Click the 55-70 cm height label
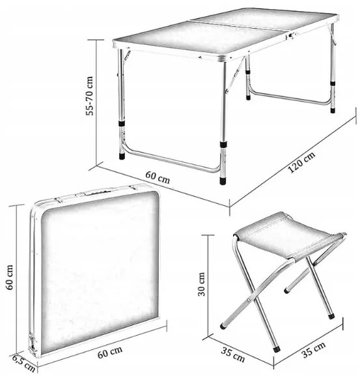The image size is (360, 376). click(x=89, y=96)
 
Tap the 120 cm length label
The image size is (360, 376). click(x=301, y=162)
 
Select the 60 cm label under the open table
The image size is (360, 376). click(x=158, y=177)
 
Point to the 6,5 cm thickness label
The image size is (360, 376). click(x=23, y=363)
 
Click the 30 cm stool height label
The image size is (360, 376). click(x=201, y=284)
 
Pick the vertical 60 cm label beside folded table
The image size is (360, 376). click(x=9, y=277)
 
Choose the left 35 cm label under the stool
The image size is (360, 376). click(x=233, y=354)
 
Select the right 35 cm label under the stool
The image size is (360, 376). click(x=313, y=350)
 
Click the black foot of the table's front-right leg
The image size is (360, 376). click(x=223, y=181)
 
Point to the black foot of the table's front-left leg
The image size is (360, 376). click(x=122, y=156)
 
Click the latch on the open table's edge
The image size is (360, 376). click(x=291, y=36)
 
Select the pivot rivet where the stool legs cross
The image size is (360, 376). click(x=249, y=300)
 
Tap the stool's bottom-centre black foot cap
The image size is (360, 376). click(x=277, y=349)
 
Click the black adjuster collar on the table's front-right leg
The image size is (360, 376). click(x=223, y=145)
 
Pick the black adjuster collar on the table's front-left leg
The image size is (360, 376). click(x=122, y=123)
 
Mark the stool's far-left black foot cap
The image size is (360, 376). click(x=223, y=326)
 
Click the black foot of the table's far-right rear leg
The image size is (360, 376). click(x=333, y=111)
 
